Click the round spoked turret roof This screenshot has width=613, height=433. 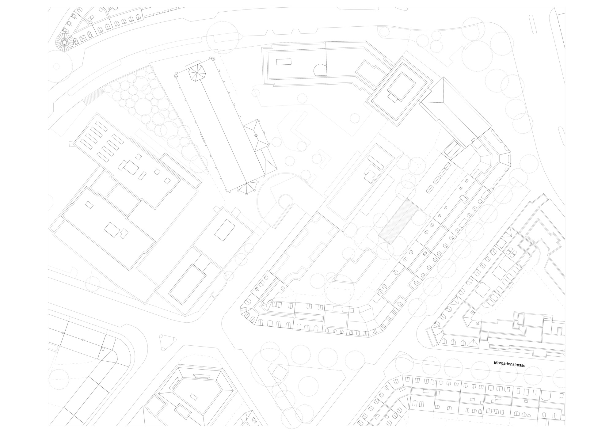65,42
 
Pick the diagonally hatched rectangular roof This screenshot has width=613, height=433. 398,221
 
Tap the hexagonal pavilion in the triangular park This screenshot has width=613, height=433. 279,372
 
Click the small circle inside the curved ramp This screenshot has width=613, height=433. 285,201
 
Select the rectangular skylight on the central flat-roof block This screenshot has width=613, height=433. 224,230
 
